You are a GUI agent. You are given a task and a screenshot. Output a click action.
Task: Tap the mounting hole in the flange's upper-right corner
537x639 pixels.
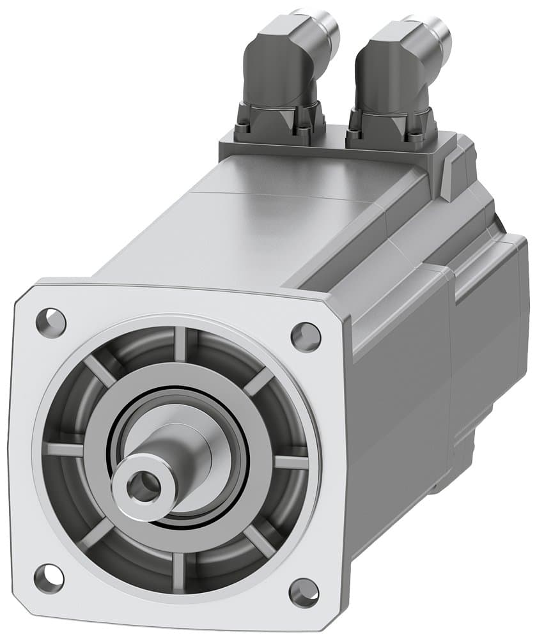click(x=305, y=335)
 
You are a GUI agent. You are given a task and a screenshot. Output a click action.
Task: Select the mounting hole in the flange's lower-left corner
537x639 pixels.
click(x=49, y=577)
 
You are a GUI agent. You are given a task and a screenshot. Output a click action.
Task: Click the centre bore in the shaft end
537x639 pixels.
click(x=142, y=488)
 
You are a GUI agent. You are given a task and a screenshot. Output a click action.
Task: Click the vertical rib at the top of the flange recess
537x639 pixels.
click(x=182, y=345)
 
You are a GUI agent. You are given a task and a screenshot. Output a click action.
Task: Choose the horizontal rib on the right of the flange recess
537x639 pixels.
click(x=291, y=461)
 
